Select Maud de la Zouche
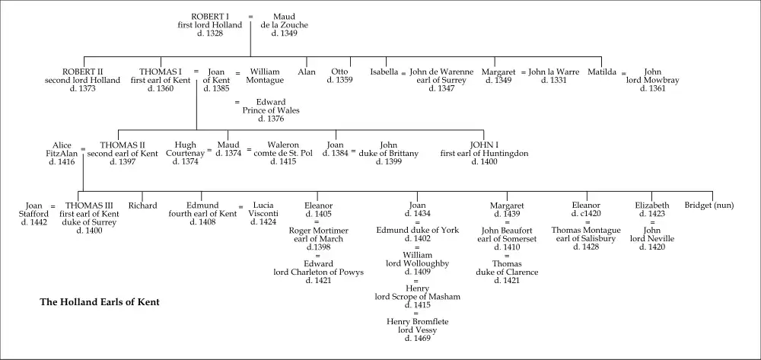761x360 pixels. click(285, 24)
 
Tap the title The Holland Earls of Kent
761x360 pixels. click(99, 302)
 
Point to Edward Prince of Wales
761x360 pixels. click(271, 110)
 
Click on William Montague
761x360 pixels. click(265, 76)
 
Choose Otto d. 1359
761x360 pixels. click(339, 76)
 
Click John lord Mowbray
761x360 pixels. click(653, 80)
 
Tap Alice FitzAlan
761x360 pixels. click(62, 153)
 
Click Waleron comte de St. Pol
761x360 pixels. click(290, 153)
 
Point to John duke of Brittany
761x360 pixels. click(388, 153)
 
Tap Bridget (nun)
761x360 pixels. click(710, 205)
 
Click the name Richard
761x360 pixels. click(142, 205)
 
